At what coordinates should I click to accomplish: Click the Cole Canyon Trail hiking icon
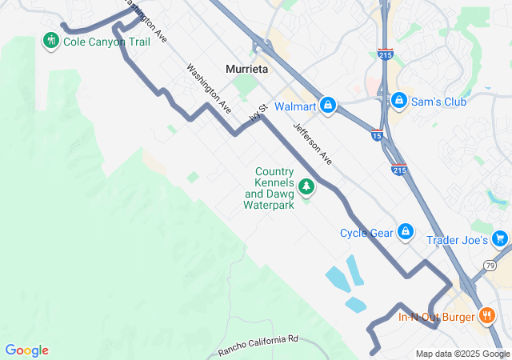pyautogui.click(x=51, y=40)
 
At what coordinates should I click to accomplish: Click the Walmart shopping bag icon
pyautogui.click(x=327, y=105)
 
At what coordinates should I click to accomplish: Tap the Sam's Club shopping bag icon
pyautogui.click(x=398, y=100)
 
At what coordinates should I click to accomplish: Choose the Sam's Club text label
pyautogui.click(x=439, y=101)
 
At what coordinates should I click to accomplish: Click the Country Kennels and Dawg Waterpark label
pyautogui.click(x=270, y=188)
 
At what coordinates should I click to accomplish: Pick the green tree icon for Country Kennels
pyautogui.click(x=306, y=187)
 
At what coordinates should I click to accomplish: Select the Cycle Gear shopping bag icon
pyautogui.click(x=406, y=232)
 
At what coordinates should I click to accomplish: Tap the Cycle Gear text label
pyautogui.click(x=366, y=233)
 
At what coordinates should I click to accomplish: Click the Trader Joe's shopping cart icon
pyautogui.click(x=500, y=238)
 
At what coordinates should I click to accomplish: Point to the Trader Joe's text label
pyautogui.click(x=458, y=240)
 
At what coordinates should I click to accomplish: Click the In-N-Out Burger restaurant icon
pyautogui.click(x=486, y=315)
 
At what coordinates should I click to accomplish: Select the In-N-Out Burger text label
pyautogui.click(x=437, y=316)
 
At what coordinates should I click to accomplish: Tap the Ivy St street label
pyautogui.click(x=256, y=117)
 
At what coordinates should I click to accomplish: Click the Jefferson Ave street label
pyautogui.click(x=312, y=144)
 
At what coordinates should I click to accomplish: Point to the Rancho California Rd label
pyautogui.click(x=258, y=346)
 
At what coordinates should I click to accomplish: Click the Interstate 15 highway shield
pyautogui.click(x=376, y=136)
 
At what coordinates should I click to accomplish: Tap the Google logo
pyautogui.click(x=26, y=350)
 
